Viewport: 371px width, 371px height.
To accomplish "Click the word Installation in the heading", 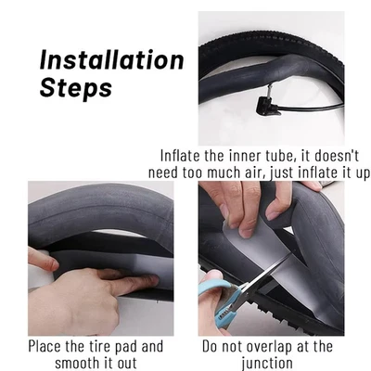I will [111, 60].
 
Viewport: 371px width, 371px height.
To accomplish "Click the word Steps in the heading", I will [76, 90].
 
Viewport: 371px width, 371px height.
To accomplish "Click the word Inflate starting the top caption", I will [183, 155].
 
